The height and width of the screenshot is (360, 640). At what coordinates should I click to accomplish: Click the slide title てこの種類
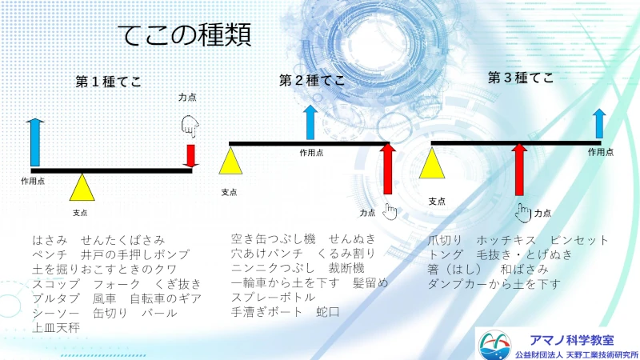[186, 35]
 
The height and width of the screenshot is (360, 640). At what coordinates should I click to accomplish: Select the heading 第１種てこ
[109, 82]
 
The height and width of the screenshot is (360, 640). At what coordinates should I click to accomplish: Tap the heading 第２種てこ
[312, 81]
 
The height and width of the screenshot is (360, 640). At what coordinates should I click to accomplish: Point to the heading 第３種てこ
[521, 78]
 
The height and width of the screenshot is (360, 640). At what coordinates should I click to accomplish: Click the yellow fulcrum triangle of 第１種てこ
[82, 190]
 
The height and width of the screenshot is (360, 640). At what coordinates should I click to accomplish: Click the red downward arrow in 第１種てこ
[190, 155]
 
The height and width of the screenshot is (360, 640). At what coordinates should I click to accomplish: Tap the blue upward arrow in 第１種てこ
[35, 142]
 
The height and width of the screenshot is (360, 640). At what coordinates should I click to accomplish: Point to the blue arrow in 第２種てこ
[310, 122]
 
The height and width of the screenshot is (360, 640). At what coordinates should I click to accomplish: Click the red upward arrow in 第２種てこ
[388, 169]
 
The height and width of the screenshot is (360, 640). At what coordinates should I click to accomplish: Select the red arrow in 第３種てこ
[519, 170]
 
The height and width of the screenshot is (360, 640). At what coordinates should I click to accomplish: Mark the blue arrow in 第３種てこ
[599, 123]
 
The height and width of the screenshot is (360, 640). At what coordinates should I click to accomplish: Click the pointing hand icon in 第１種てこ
[190, 126]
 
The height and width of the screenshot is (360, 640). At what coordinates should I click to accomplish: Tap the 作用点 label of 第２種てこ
[311, 153]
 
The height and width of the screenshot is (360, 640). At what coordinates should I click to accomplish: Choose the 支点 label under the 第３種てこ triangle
[437, 202]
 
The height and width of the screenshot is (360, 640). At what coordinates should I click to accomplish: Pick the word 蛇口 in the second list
[328, 312]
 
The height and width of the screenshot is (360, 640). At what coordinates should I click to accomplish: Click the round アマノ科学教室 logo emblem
[494, 345]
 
